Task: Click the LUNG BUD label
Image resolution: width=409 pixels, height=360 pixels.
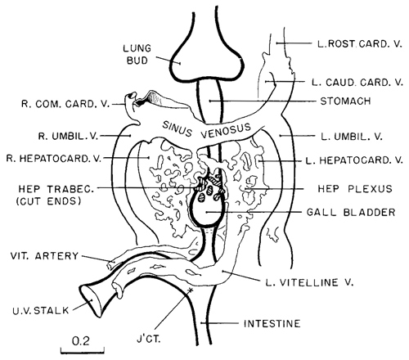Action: [137, 55]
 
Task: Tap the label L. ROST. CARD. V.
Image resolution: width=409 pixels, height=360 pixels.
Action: [360, 44]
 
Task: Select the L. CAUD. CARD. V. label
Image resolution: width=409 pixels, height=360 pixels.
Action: [357, 83]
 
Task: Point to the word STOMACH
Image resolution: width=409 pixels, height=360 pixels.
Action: [345, 101]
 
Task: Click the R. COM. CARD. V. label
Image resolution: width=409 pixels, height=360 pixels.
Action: [65, 104]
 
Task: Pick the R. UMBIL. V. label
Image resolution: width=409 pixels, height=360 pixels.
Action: [68, 136]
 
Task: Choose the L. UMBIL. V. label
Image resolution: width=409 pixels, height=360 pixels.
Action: [352, 136]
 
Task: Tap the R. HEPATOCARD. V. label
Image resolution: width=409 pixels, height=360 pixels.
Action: [54, 159]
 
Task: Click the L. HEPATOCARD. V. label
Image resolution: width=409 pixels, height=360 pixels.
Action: [354, 160]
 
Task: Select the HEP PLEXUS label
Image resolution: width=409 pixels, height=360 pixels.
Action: [355, 189]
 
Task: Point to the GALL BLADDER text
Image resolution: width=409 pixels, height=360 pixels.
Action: [351, 212]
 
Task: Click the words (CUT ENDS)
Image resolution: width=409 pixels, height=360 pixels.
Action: [48, 201]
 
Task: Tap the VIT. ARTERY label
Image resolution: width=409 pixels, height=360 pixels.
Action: [44, 256]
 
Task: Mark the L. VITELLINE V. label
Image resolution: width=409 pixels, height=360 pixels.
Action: [310, 282]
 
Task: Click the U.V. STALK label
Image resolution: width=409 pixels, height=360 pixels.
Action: [41, 310]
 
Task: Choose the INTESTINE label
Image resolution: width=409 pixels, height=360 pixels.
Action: [272, 324]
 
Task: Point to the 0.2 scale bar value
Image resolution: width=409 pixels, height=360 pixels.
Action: [81, 340]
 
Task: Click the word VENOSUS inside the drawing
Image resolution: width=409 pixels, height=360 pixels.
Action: [226, 131]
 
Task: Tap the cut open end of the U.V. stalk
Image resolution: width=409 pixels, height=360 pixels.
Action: [89, 300]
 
